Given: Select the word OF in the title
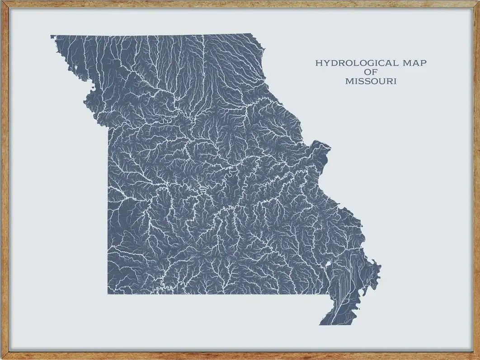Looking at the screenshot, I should (371, 72).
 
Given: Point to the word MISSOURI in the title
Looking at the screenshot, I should (371, 82).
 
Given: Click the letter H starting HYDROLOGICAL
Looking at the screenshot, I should (318, 63).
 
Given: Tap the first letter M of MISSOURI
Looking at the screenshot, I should (348, 82).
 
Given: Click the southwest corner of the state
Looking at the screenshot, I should (108, 294).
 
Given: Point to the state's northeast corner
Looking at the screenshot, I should (251, 34).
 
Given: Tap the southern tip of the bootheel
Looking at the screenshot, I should (321, 324).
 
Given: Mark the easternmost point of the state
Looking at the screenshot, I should (380, 267).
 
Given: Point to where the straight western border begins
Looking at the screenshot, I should (108, 127).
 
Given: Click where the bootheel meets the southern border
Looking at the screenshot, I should (329, 294).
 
